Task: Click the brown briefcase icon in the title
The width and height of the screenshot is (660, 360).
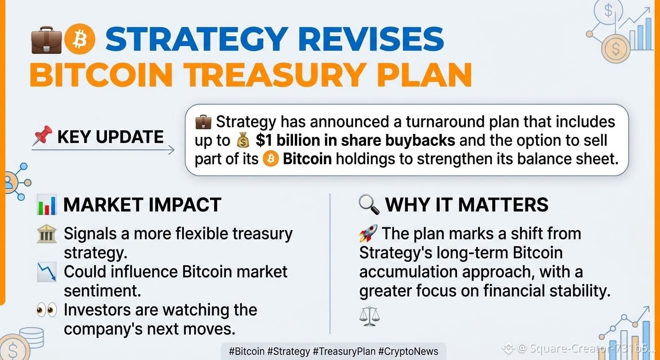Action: point(46,40)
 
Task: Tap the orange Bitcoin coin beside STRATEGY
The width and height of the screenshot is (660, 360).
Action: point(80,39)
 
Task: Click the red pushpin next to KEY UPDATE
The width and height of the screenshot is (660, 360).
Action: point(43,135)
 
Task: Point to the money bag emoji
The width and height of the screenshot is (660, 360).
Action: point(243,141)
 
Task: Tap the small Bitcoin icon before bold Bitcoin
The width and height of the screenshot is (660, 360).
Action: point(270,159)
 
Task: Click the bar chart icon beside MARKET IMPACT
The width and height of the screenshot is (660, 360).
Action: point(46,205)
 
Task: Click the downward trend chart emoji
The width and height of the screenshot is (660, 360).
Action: point(47,272)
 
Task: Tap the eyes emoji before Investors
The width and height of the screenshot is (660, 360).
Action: point(47,310)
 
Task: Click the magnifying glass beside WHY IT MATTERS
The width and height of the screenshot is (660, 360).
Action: point(369,205)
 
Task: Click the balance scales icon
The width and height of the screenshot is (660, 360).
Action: point(369,316)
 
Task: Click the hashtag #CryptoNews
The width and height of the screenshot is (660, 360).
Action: point(408,352)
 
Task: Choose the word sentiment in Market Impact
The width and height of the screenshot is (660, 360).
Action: point(103,291)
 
